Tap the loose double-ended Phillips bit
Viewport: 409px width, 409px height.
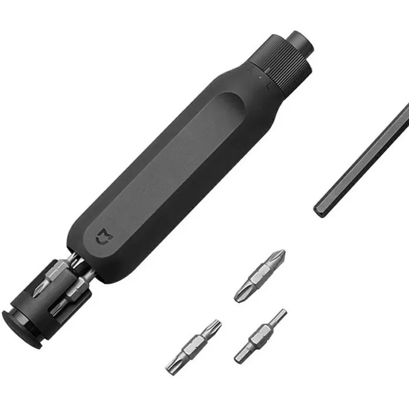click(260, 276)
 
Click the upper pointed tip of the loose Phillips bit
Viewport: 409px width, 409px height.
click(280, 253)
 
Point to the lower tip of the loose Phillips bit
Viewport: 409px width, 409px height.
click(239, 298)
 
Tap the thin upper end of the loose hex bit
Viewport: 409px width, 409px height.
click(282, 314)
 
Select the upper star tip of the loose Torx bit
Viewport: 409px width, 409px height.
click(216, 325)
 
